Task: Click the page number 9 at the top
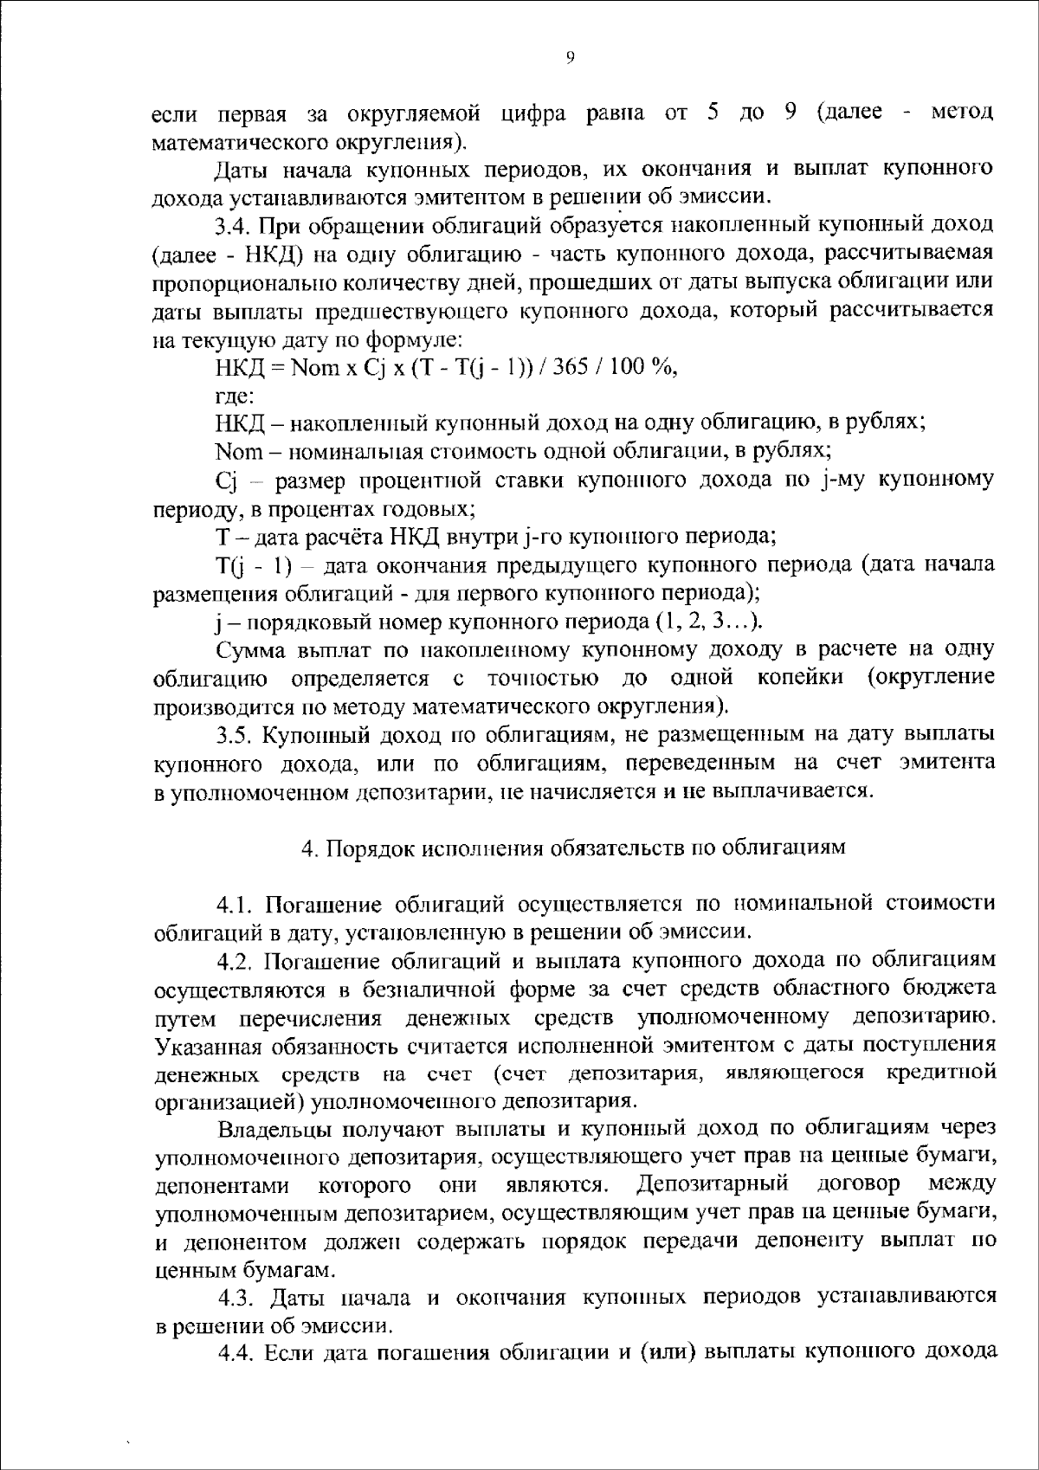click(x=570, y=57)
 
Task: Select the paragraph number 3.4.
click(x=232, y=227)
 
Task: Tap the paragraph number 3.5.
click(x=234, y=734)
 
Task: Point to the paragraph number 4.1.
click(x=235, y=905)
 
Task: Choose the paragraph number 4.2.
click(x=235, y=961)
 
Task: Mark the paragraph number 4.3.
click(x=235, y=1299)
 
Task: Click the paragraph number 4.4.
click(x=235, y=1355)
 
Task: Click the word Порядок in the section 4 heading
click(x=371, y=848)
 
